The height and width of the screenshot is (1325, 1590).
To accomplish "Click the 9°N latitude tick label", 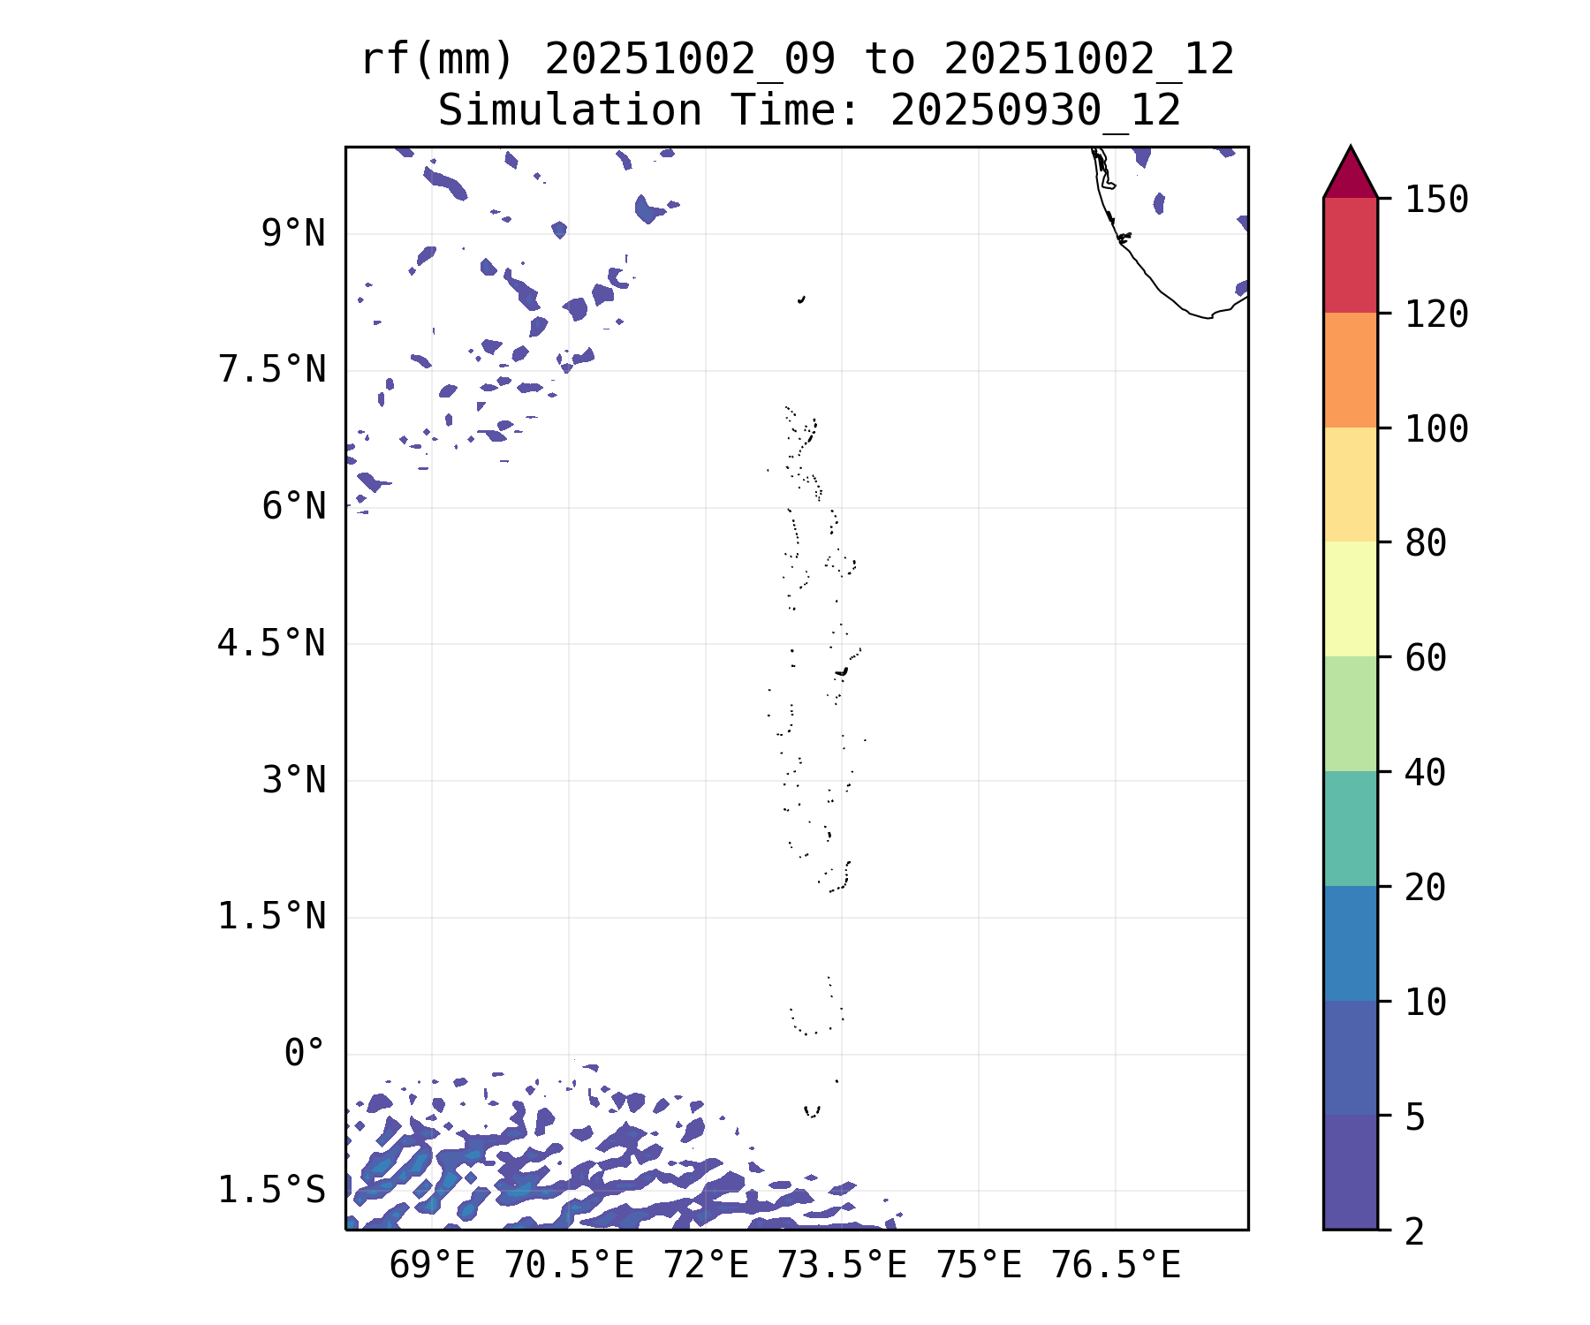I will click(x=293, y=234).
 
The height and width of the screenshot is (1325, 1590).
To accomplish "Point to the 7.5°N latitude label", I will click(x=272, y=370).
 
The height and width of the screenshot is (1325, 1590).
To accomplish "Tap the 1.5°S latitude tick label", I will click(x=272, y=1191).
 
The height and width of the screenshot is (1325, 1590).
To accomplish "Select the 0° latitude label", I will click(x=305, y=1054).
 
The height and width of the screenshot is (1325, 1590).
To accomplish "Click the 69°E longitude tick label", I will click(x=432, y=1266).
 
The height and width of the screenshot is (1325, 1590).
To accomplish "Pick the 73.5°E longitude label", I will click(x=842, y=1266).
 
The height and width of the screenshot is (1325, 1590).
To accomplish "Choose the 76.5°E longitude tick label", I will click(x=1116, y=1266).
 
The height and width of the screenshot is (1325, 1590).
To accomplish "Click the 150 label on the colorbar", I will click(x=1437, y=200).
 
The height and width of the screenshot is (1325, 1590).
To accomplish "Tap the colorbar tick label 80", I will click(x=1426, y=543).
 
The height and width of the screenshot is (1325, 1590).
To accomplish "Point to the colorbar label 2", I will click(x=1415, y=1231).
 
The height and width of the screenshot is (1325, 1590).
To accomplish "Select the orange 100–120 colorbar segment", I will click(x=1350, y=370).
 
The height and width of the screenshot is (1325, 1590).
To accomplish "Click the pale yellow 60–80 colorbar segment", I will click(x=1350, y=599).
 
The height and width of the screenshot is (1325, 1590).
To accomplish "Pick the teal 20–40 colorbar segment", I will click(x=1350, y=828).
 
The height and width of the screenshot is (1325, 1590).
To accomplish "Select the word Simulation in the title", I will click(x=570, y=111).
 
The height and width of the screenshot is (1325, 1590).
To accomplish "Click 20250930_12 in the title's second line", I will click(x=1035, y=111).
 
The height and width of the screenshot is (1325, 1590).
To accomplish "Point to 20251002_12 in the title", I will click(x=1088, y=60).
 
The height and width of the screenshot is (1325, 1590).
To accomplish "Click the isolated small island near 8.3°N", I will click(x=801, y=299).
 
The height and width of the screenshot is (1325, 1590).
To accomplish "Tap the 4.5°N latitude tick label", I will click(x=272, y=644).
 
